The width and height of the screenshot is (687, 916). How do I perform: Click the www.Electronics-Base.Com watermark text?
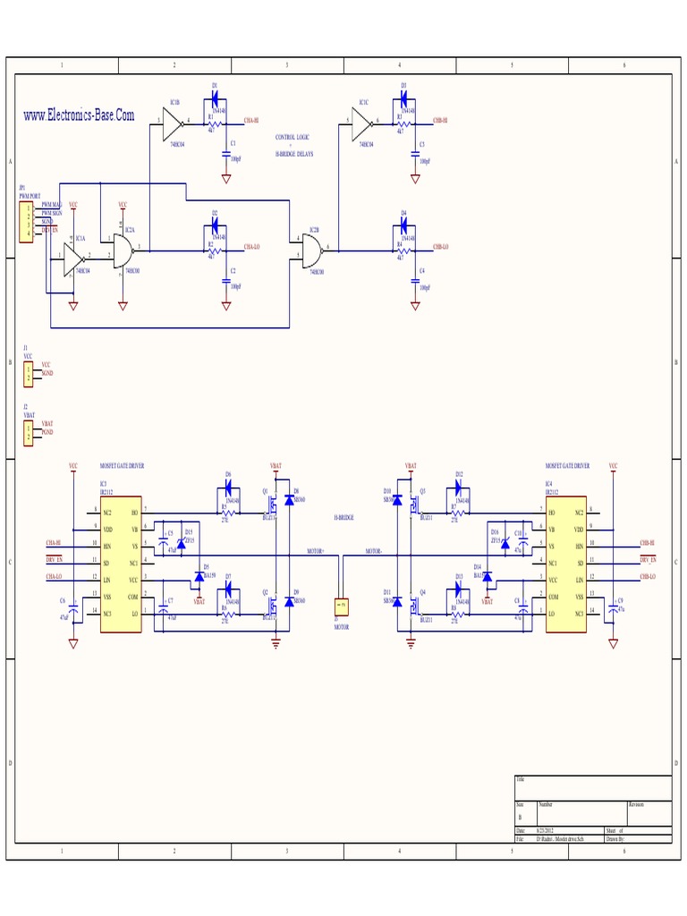pyautogui.click(x=79, y=115)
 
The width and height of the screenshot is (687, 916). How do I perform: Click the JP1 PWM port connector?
pyautogui.click(x=26, y=222)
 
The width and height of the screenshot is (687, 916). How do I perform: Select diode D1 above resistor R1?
pyautogui.click(x=215, y=99)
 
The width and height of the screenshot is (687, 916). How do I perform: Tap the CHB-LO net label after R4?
pyautogui.click(x=441, y=246)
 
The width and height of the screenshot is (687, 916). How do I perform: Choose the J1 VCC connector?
pyautogui.click(x=27, y=374)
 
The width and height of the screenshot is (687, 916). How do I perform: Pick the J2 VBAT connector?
pyautogui.click(x=27, y=433)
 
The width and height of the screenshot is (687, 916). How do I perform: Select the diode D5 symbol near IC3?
pyautogui.click(x=199, y=576)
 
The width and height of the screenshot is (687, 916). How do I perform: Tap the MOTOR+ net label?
pyautogui.click(x=316, y=551)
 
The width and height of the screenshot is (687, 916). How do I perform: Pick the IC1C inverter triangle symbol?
pyautogui.click(x=361, y=120)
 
